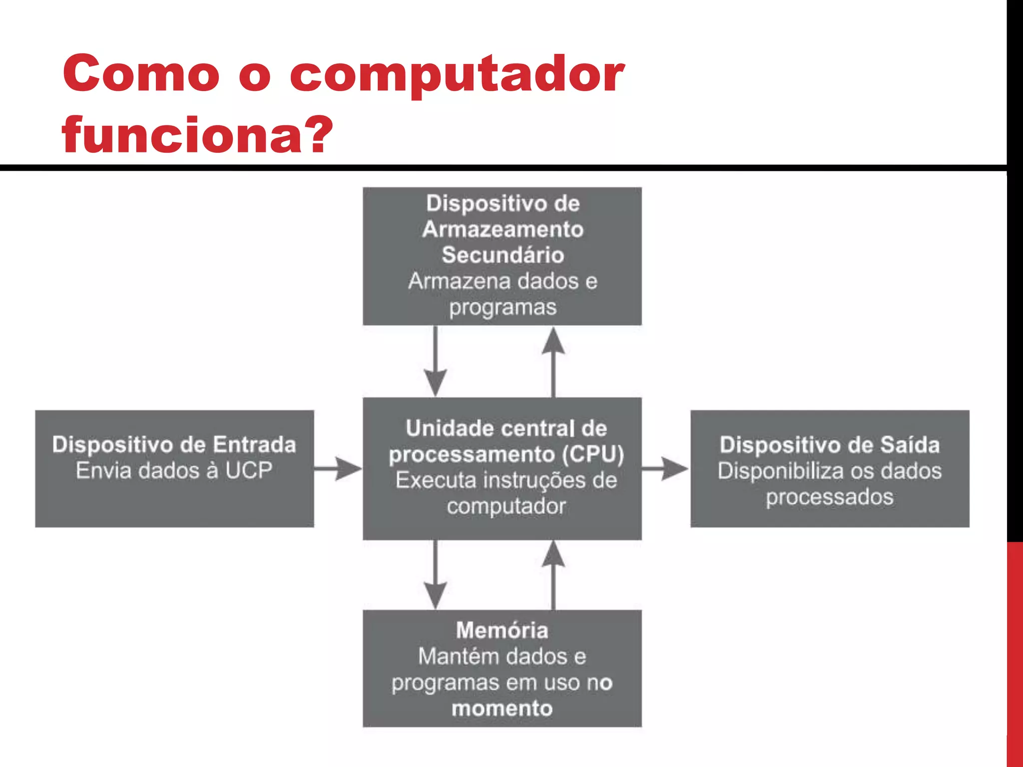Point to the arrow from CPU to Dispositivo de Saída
pos(665,468)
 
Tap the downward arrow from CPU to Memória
pos(436,574)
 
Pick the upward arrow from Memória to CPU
pos(553,574)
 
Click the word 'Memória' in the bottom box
pos(502,631)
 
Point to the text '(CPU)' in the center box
pos(593,454)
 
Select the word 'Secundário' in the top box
pos(503,255)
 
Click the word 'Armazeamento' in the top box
pos(503,230)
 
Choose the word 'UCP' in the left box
pos(249,470)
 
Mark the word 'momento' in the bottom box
pos(502,709)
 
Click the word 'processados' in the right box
pos(830,497)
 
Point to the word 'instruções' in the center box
pos(530,480)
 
